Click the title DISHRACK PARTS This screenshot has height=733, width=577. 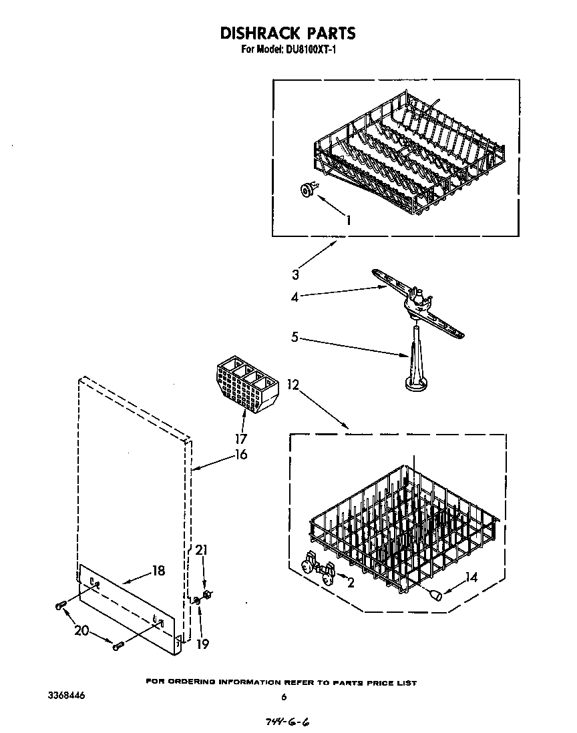288,33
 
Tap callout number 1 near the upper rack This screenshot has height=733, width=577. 347,219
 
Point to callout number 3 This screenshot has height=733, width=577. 295,274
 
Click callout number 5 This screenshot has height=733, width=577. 295,337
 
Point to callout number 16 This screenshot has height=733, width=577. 240,455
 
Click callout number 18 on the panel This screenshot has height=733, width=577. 158,571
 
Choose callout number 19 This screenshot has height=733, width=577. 202,644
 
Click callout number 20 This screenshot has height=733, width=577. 82,630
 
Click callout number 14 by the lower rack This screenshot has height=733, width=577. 471,577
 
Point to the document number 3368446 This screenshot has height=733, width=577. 66,696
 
